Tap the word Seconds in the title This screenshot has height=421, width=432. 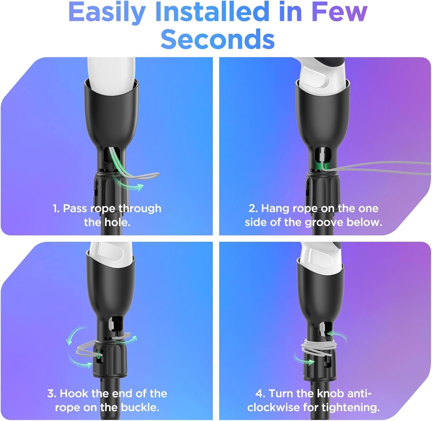pos(217,39)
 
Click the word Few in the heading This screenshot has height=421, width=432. pos(339,12)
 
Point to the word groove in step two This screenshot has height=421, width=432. pos(324,222)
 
